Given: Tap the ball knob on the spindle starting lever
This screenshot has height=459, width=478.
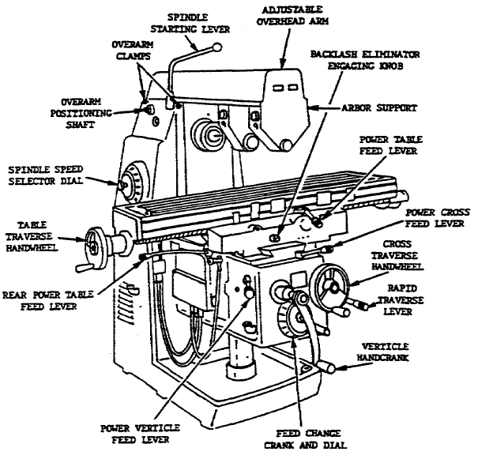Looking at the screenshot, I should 215,48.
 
